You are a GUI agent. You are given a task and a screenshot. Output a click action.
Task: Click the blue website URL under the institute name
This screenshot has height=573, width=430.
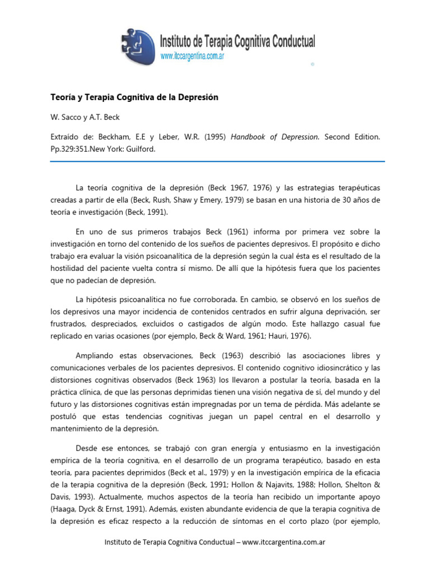[x=193, y=57]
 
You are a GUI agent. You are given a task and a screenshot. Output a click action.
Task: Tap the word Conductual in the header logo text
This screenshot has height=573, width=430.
[x=289, y=41]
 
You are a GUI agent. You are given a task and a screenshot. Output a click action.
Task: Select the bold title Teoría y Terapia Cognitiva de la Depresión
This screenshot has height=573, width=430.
[x=134, y=97]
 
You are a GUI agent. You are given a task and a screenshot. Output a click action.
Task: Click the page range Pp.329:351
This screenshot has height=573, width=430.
[x=72, y=150]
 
